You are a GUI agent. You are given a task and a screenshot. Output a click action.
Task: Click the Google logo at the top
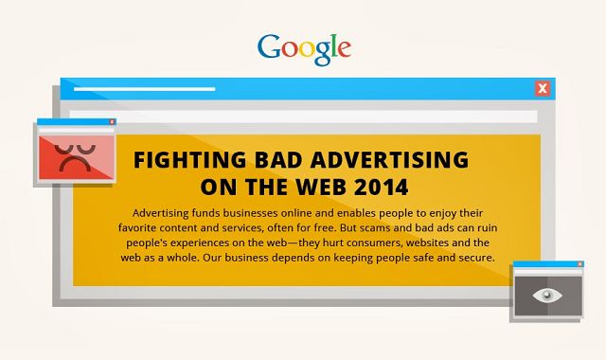click(x=303, y=47)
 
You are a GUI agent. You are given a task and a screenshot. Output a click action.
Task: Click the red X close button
click(x=542, y=89)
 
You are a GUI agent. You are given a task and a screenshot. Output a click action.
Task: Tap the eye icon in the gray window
click(x=546, y=296)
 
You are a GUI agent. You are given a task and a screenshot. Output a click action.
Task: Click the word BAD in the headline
click(x=270, y=158)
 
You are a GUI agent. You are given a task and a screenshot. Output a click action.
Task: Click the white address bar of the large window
click(x=303, y=117)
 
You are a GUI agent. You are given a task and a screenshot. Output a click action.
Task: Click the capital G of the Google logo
click(x=268, y=46)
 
